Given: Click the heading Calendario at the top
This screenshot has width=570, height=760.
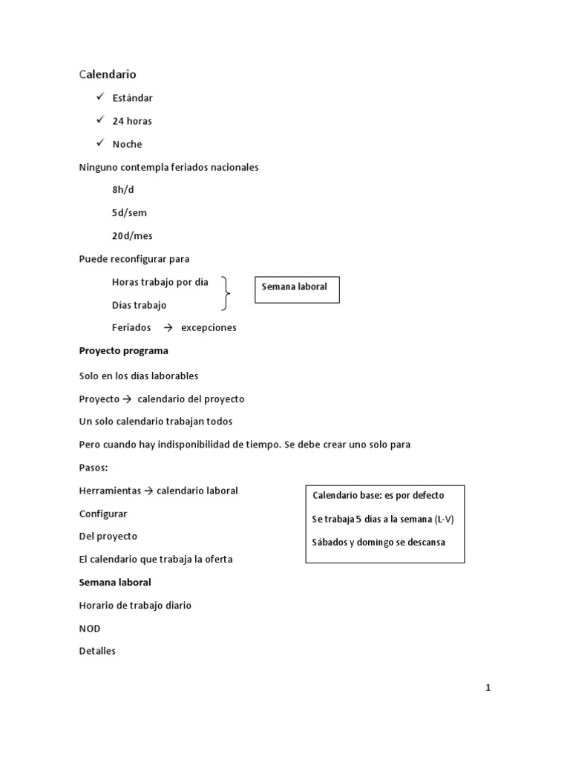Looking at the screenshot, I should pyautogui.click(x=108, y=74).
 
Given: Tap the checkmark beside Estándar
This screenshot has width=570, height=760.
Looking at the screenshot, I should pyautogui.click(x=100, y=96).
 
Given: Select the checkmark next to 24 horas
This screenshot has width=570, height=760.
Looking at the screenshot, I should pyautogui.click(x=100, y=119).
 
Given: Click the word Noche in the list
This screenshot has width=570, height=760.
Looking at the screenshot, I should pyautogui.click(x=127, y=144).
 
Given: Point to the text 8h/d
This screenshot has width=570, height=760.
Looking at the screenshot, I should pyautogui.click(x=123, y=190).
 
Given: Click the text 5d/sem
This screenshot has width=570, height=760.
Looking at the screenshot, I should pyautogui.click(x=129, y=213).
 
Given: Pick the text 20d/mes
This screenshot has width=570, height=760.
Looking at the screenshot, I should pyautogui.click(x=132, y=236).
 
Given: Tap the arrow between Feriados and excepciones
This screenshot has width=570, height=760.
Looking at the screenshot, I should pyautogui.click(x=167, y=327).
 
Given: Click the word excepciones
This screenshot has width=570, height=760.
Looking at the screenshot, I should pyautogui.click(x=209, y=328).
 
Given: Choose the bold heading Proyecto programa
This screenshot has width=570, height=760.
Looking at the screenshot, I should pyautogui.click(x=123, y=351).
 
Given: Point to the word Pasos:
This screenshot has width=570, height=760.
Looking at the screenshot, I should pyautogui.click(x=94, y=468).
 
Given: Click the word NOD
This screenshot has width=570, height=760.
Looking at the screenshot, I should pyautogui.click(x=90, y=629).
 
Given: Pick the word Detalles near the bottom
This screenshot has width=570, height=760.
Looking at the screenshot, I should pyautogui.click(x=97, y=652).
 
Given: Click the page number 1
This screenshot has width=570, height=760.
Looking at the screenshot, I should pyautogui.click(x=488, y=688).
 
